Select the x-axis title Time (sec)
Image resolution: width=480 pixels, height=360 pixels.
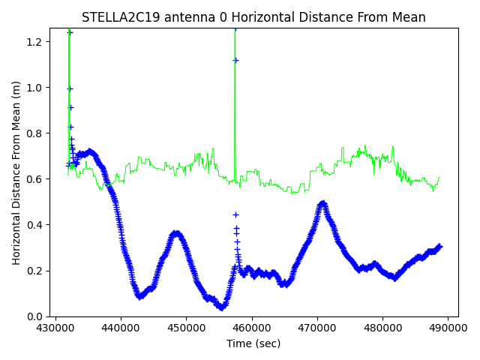coord(253,343)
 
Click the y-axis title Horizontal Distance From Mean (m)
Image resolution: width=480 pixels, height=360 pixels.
coord(16,172)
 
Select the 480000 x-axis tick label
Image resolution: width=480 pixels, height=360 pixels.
coord(382,328)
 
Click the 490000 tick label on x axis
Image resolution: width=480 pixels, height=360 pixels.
coord(448,328)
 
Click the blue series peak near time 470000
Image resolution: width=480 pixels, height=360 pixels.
coord(322,203)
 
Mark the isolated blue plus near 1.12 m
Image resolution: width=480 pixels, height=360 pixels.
coord(235,60)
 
